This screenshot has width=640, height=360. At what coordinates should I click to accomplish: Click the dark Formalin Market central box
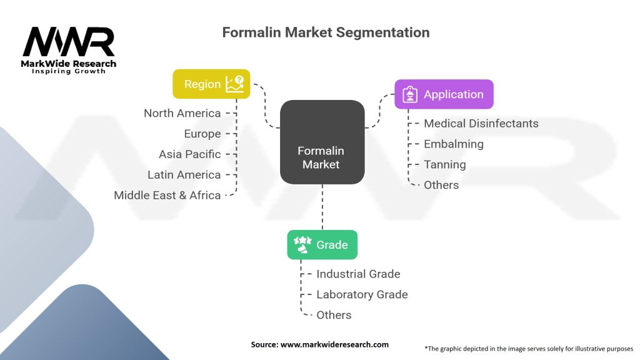tap(322, 142)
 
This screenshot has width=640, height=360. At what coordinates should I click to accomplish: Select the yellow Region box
tap(211, 84)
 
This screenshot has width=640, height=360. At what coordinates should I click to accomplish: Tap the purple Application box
tap(444, 94)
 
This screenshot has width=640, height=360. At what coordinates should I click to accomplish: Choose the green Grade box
tap(322, 244)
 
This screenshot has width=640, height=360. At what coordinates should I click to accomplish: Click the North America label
tap(182, 113)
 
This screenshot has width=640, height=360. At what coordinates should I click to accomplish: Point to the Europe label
tap(202, 134)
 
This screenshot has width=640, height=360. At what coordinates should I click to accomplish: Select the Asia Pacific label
tap(190, 154)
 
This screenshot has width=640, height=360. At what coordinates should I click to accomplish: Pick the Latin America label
tap(184, 175)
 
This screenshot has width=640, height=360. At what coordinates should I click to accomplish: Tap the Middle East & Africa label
tap(167, 195)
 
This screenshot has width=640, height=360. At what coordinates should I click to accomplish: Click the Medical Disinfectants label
tap(481, 123)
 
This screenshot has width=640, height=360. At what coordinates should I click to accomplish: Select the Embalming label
tap(454, 144)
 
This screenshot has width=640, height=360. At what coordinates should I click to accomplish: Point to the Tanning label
tap(445, 164)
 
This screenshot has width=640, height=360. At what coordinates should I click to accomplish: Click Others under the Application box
tap(441, 185)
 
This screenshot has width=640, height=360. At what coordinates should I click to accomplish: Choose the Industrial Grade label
tap(358, 274)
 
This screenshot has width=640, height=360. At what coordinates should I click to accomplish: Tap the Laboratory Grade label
tap(362, 294)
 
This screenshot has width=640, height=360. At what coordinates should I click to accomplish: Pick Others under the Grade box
tap(334, 315)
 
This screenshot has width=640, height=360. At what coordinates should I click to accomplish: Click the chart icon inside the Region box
tap(235, 84)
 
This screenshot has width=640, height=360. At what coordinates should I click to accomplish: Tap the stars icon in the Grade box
tap(302, 244)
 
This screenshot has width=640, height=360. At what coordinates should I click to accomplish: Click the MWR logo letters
tap(69, 42)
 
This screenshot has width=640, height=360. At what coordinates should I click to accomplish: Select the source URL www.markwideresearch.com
tap(335, 344)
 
